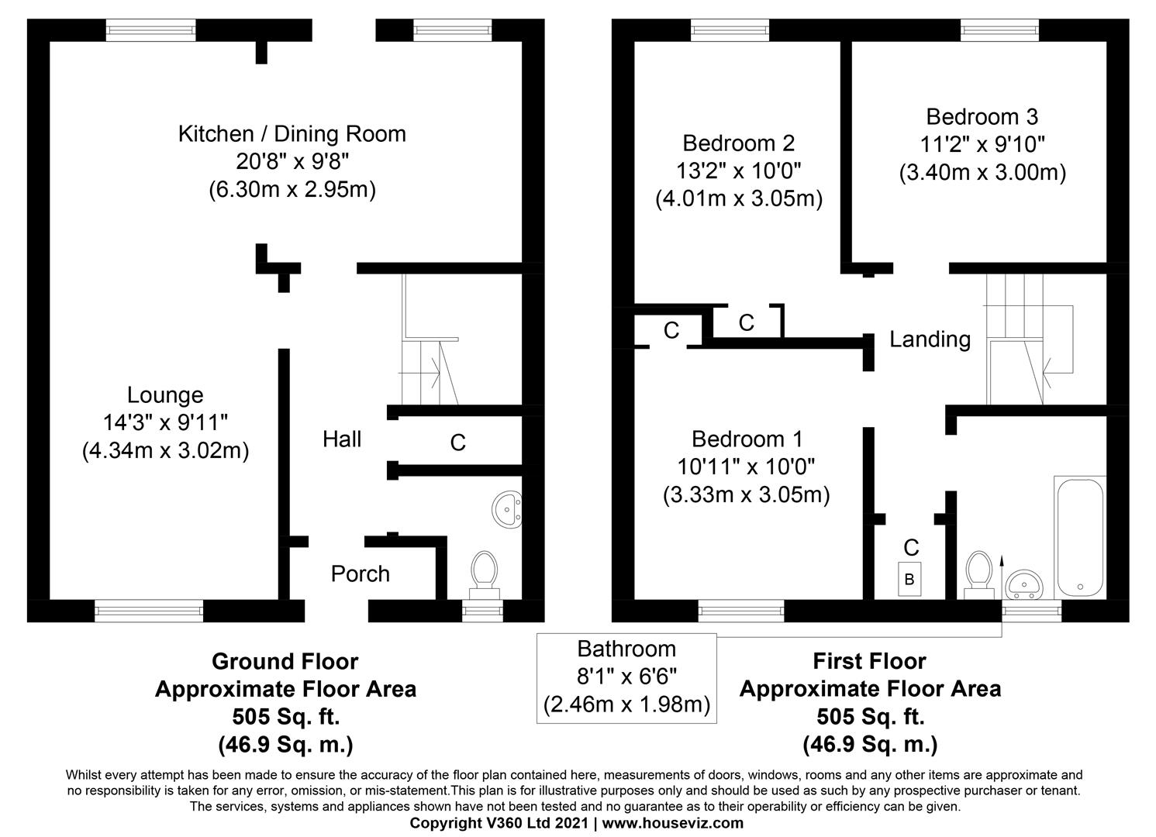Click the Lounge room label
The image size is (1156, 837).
pos(164,395)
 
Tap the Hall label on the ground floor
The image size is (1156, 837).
pos(342,439)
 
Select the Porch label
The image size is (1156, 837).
pos(360,573)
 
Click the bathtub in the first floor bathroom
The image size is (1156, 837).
pos(1078,536)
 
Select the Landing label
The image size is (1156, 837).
pos(930,339)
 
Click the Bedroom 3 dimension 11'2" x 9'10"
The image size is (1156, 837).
pos(982,144)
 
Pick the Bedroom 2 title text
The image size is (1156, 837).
pos(738,143)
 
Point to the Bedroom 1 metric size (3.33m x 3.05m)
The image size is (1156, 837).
pos(746,494)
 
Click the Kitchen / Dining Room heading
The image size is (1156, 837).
pos(292,134)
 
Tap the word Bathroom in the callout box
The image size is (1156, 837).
pos(626,649)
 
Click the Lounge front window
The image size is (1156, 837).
pos(149,611)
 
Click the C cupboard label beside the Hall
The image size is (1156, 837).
pos(457,443)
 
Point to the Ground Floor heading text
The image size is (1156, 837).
pos(285,662)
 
